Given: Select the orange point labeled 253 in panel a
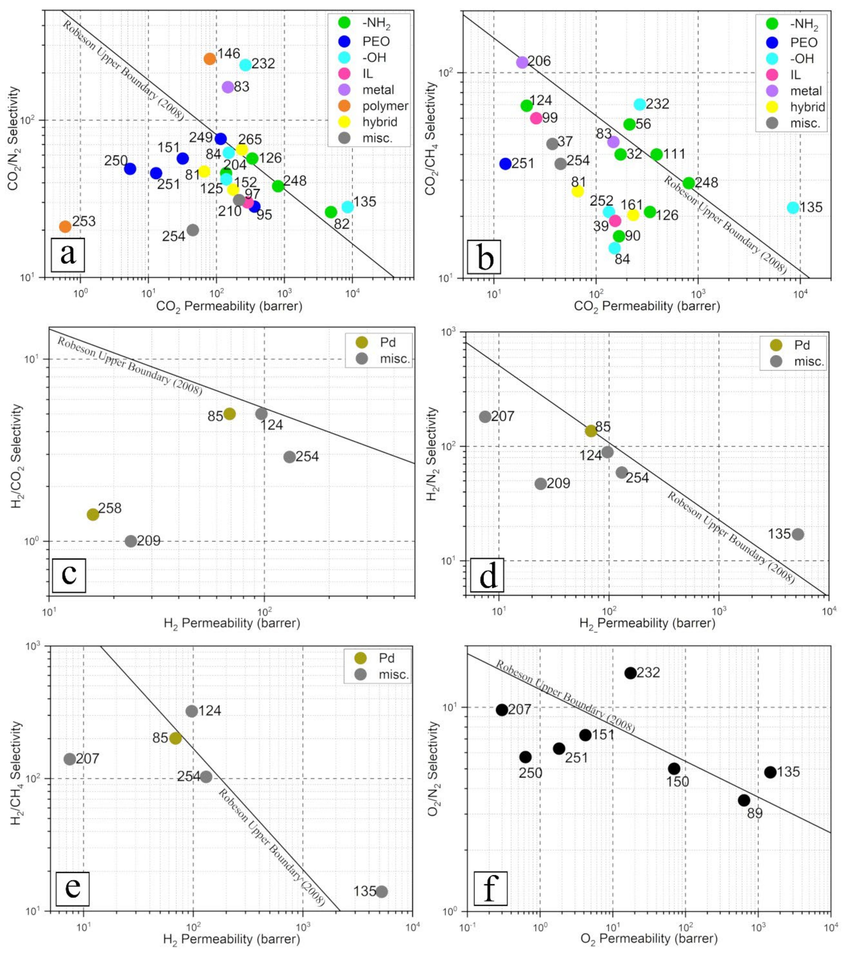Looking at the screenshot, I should (x=66, y=227).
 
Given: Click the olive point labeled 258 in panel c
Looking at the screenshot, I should (x=93, y=514).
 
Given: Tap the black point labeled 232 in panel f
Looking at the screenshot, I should (x=630, y=673).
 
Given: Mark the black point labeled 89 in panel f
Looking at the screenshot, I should (x=744, y=800).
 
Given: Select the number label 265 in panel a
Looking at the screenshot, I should (x=250, y=139).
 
